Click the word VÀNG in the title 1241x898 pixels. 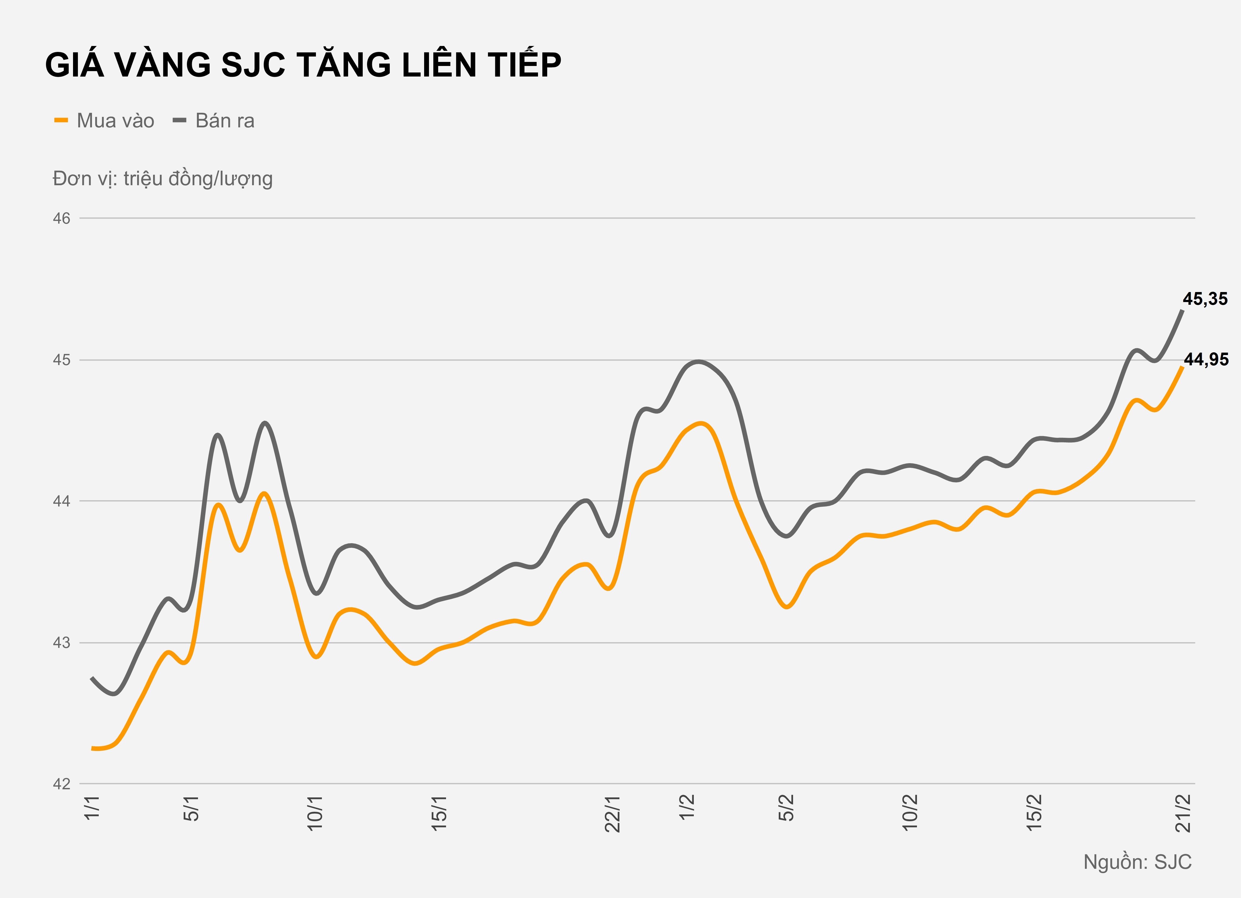click(163, 65)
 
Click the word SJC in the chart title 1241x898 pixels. click(253, 65)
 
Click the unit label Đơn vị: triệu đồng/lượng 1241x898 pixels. click(163, 179)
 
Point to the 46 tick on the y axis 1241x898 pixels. click(62, 218)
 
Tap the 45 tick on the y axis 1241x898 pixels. click(62, 360)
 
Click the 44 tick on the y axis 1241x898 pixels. click(62, 501)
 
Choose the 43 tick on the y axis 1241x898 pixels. click(62, 642)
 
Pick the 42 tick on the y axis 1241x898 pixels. click(62, 784)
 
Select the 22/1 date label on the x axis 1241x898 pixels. click(612, 814)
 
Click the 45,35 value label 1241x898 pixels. click(1205, 299)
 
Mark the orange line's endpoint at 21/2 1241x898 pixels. click(1183, 367)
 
